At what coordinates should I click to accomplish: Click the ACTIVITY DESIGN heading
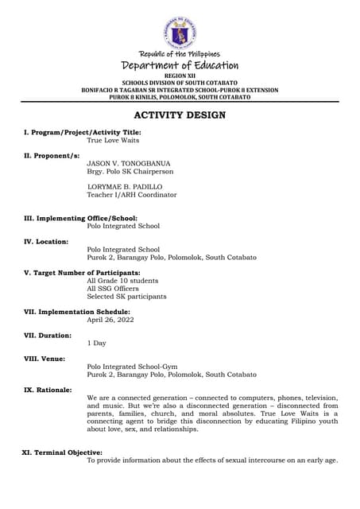pos(180,115)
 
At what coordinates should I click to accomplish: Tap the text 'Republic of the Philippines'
pos(180,53)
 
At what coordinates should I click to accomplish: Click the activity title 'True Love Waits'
pos(113,140)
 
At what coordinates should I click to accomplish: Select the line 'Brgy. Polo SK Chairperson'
pos(129,171)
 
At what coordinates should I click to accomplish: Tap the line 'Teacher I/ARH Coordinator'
pos(132,194)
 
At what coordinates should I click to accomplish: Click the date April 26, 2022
pos(110,320)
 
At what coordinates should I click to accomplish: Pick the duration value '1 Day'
pos(96,343)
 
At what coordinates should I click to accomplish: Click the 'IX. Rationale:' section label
pos(48,390)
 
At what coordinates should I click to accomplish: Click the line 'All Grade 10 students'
pos(122,281)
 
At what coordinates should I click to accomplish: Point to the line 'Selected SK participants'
pos(126,296)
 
